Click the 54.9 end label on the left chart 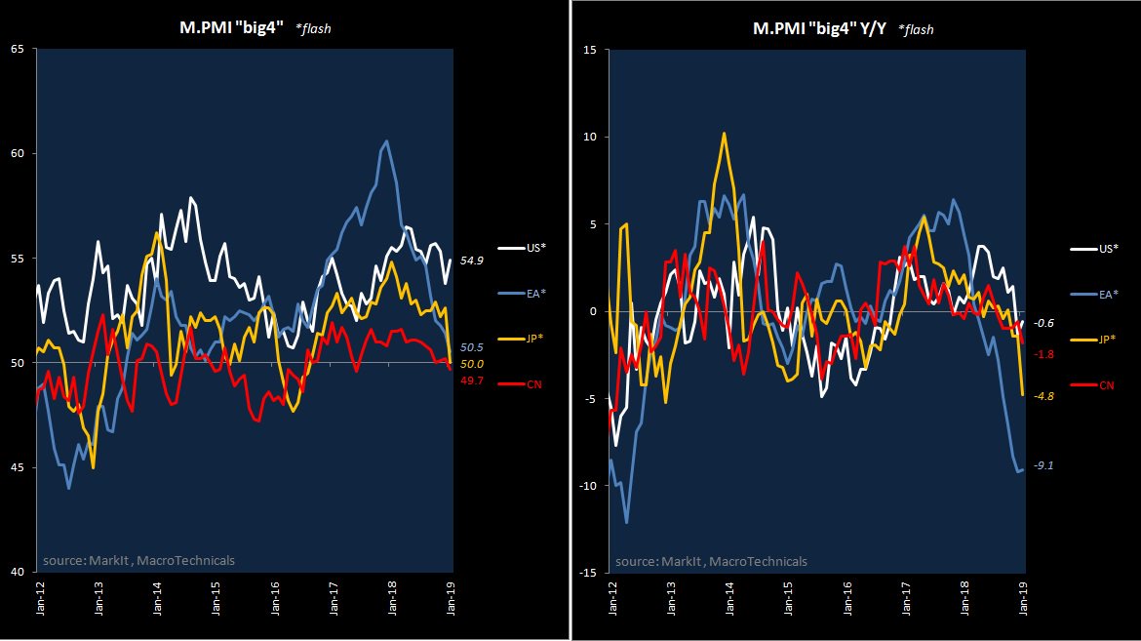tap(473, 261)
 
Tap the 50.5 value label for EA tap(472, 347)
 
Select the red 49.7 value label tap(472, 380)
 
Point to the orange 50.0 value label tap(472, 364)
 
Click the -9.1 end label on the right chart tap(1043, 466)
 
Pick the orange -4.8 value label tap(1043, 396)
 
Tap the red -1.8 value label tap(1043, 354)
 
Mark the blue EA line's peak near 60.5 tap(387, 141)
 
